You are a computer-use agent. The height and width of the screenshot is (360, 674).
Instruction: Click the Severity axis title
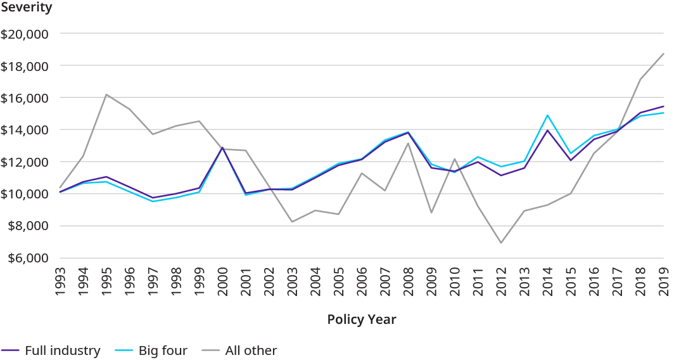[x=27, y=8]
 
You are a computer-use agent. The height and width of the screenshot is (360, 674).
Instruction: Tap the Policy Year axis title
[x=362, y=319]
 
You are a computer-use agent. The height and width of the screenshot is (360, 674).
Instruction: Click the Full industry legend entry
[x=62, y=350]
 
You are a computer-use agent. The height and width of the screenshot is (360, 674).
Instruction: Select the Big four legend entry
[x=163, y=350]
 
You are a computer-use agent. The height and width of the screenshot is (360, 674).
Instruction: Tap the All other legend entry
[x=251, y=350]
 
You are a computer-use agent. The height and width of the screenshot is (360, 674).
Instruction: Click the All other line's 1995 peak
[x=106, y=94]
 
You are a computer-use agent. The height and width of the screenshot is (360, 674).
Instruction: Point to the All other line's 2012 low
[x=501, y=243]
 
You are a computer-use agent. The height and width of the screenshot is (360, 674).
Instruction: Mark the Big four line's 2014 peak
[x=547, y=115]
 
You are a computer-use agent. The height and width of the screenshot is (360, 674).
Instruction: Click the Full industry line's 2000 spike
[x=222, y=148]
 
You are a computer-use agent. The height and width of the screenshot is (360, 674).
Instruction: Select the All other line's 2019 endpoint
[x=663, y=54]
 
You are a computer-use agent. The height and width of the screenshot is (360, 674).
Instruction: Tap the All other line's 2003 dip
[x=292, y=221]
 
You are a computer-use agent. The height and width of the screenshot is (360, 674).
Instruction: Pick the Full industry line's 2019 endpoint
[x=663, y=106]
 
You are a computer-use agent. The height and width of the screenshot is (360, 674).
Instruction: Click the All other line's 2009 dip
[x=431, y=212]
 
